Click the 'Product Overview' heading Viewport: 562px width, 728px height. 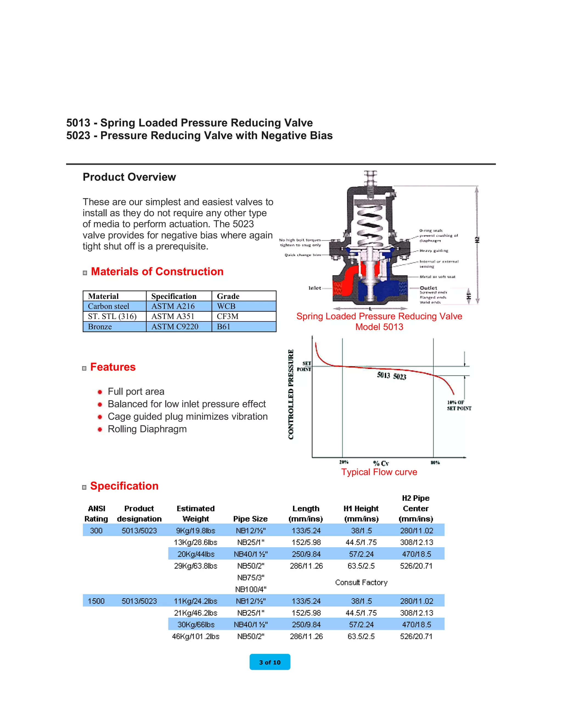129,177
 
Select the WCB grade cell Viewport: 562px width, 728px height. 226,306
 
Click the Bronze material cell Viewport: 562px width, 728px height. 100,327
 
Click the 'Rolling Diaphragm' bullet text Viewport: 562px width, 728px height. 147,429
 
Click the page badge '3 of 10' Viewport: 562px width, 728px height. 270,662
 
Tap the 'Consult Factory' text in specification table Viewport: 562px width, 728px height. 361,582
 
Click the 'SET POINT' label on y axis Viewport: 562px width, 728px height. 304,366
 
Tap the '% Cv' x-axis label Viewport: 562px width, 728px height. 381,463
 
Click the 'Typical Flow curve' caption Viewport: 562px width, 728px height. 379,472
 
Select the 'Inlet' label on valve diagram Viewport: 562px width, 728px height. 315,288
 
